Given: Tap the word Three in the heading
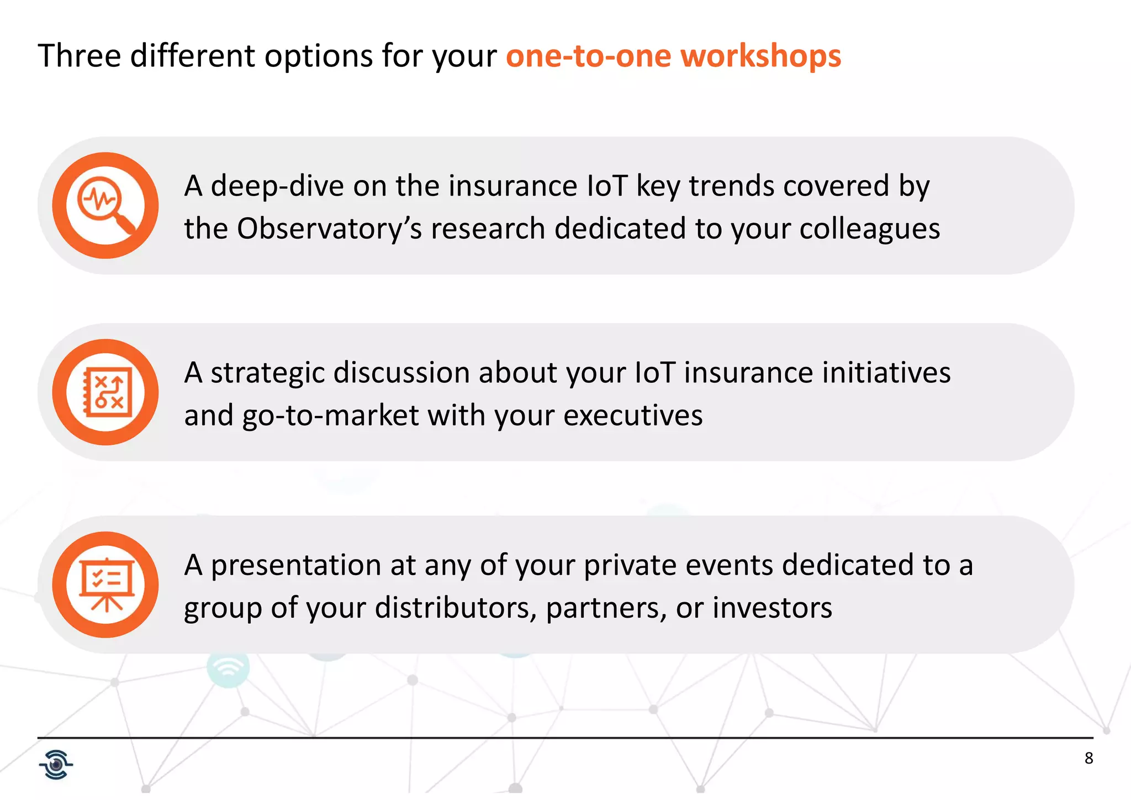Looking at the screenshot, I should (80, 56).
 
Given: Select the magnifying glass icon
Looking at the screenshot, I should (105, 206).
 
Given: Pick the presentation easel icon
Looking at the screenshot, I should (105, 585).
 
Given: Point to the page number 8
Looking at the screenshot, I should (1088, 758).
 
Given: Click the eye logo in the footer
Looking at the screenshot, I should (56, 765).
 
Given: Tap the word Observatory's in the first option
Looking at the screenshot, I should (329, 228).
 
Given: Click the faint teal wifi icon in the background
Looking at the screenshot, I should (228, 669).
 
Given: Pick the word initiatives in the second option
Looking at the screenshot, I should (886, 372).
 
